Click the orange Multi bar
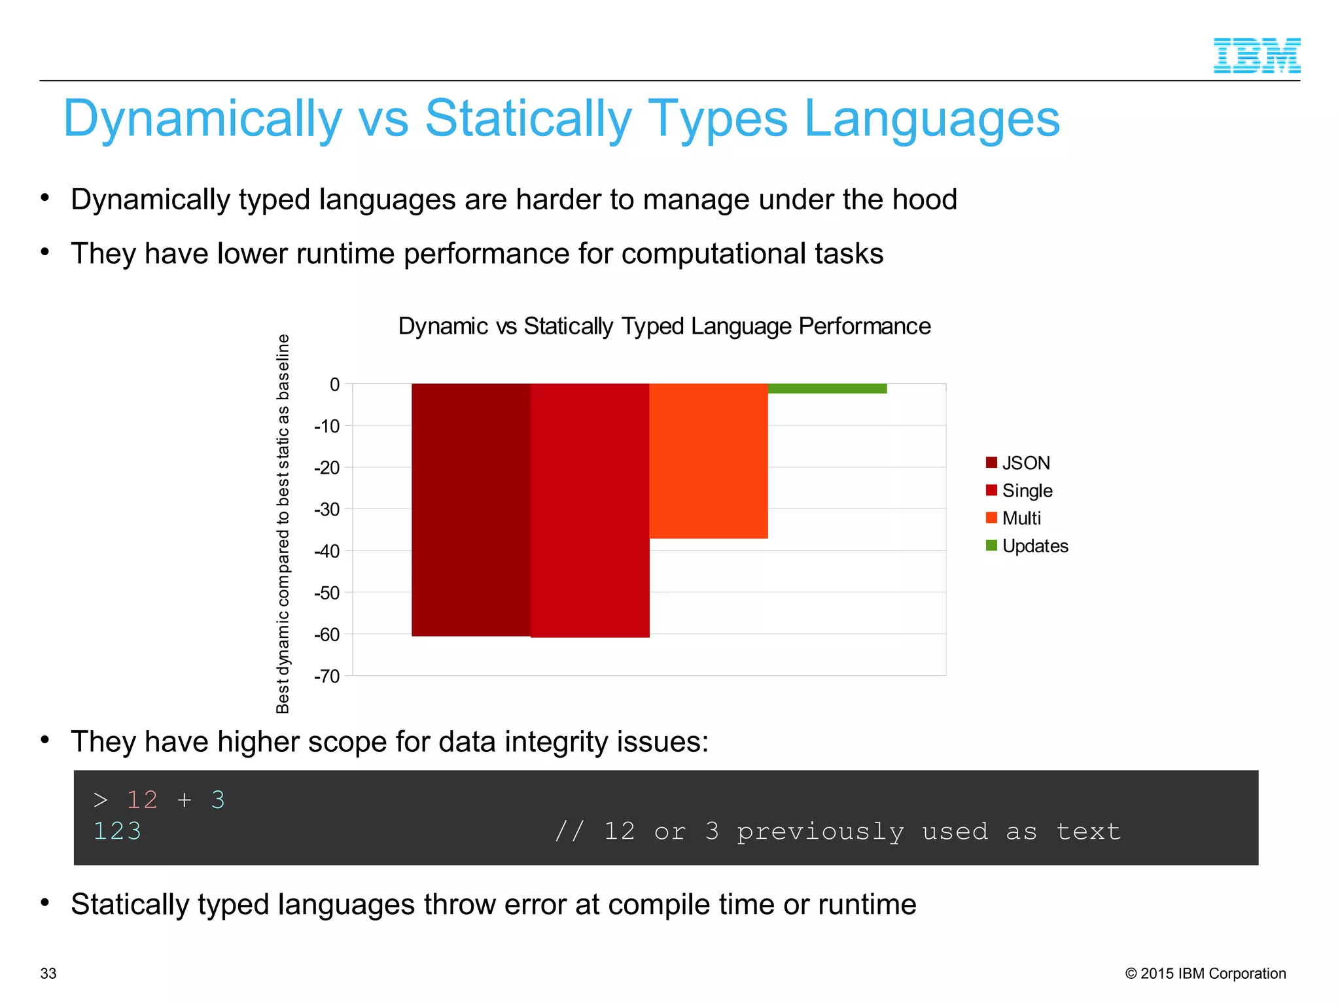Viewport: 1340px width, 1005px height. [708, 461]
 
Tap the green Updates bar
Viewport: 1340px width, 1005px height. [827, 389]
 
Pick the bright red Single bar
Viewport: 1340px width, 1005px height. [590, 510]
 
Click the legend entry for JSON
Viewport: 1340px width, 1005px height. [1018, 463]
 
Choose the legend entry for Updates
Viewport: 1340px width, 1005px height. [1027, 546]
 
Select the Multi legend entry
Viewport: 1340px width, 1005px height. [1014, 518]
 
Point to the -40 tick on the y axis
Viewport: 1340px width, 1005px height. [327, 551]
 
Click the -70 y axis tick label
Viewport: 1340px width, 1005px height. [327, 676]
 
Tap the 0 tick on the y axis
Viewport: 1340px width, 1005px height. [334, 384]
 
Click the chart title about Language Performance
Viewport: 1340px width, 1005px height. [664, 326]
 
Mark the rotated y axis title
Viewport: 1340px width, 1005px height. [283, 523]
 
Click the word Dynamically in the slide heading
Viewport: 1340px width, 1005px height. [203, 119]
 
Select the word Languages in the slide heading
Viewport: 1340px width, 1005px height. [932, 119]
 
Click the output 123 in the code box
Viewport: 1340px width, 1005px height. [117, 831]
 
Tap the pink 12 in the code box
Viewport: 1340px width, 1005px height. [142, 800]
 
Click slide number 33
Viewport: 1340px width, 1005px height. [48, 974]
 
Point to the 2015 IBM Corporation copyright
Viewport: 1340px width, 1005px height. [1205, 974]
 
